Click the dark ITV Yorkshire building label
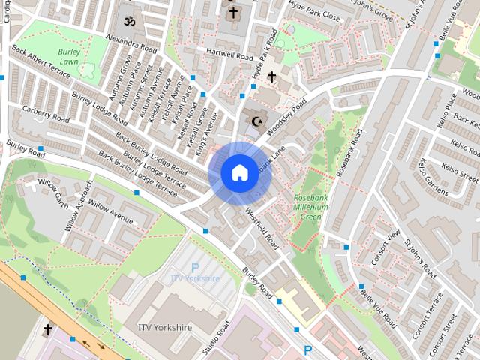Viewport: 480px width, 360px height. (164, 328)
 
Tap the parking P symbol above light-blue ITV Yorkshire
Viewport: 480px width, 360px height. (195, 267)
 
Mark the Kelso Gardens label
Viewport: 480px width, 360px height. (433, 175)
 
